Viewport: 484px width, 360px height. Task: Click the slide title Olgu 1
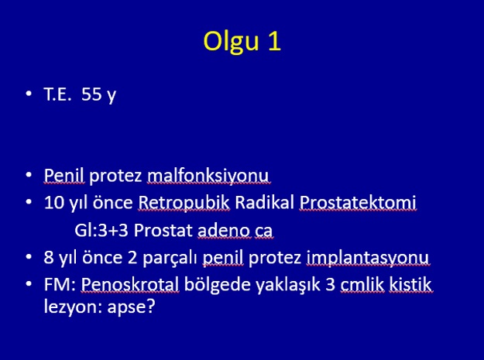pos(242,42)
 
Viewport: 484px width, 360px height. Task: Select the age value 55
pos(91,94)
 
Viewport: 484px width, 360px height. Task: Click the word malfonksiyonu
pos(208,175)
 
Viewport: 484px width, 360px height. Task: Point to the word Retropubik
pos(184,203)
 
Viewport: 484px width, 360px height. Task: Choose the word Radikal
pos(265,203)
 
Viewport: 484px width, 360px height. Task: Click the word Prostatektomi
pos(358,203)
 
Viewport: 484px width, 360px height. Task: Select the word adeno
pos(224,231)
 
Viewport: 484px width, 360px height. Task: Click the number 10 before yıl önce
pos(53,203)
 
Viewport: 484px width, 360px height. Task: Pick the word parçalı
pos(170,258)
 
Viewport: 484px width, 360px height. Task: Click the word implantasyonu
pos(367,258)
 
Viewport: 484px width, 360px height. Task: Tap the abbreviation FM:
pos(60,284)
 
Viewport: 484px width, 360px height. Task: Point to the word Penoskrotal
pos(130,284)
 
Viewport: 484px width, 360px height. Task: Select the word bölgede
pos(218,285)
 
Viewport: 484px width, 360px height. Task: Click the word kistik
pos(410,284)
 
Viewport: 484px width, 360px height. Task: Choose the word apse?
pos(131,307)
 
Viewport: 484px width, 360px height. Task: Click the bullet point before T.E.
pos(29,93)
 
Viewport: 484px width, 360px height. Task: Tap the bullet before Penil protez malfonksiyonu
pos(29,175)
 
